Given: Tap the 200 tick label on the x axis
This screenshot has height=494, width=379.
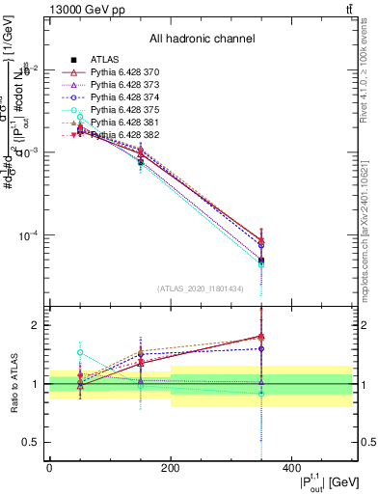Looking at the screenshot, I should click(x=171, y=468).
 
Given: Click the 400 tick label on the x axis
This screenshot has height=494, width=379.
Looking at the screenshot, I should click(x=291, y=468).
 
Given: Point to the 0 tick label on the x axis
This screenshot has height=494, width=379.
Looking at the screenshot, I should click(x=50, y=468).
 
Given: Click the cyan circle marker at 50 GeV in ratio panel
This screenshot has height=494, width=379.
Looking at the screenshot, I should click(x=80, y=353).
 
